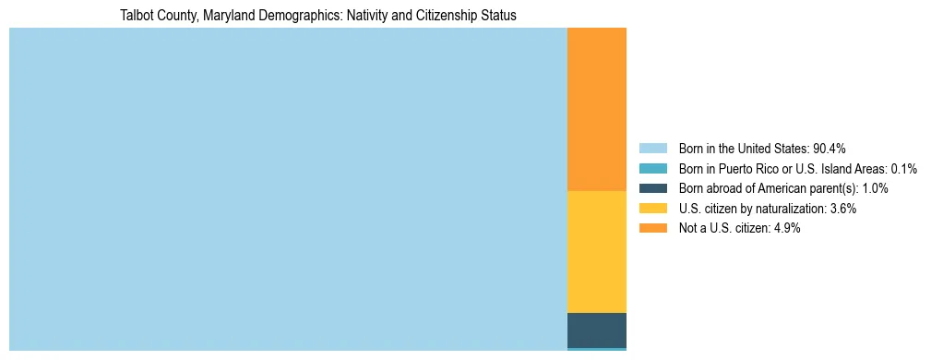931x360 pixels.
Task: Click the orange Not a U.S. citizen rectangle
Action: (596, 109)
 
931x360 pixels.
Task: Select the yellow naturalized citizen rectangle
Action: (596, 251)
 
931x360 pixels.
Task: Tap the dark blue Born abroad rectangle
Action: (596, 330)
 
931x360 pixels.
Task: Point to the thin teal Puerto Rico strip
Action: (596, 349)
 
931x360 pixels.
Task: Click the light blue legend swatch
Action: (652, 148)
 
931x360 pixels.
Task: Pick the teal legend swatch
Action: (652, 168)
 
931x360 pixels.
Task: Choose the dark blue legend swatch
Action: (652, 188)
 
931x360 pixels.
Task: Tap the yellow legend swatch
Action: (652, 209)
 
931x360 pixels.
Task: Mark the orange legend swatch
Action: (652, 229)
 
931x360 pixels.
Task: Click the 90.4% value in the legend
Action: (830, 148)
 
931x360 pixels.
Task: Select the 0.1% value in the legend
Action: (904, 168)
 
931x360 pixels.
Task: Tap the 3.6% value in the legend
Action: (841, 209)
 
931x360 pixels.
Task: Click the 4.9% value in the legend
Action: (785, 229)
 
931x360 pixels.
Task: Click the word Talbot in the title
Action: (136, 16)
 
